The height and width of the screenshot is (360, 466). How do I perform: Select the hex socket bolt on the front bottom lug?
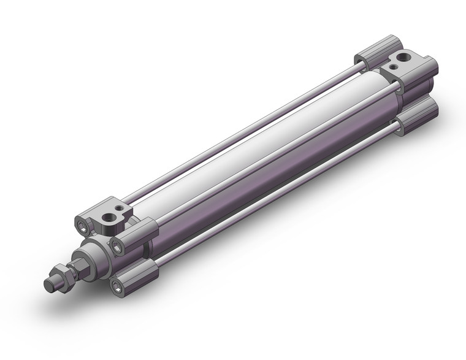116,284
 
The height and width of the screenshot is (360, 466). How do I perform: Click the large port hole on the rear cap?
401,60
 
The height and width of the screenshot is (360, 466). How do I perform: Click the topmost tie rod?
245,129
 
